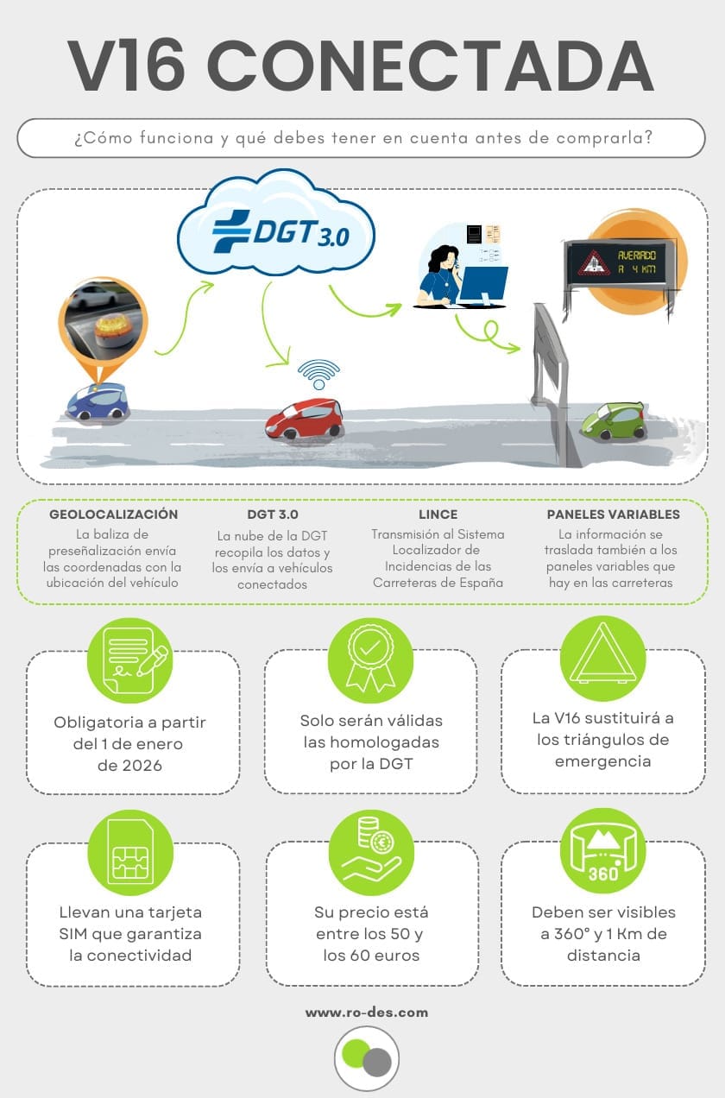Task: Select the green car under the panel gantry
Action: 614,420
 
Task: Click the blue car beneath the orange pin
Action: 97,401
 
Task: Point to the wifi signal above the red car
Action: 318,374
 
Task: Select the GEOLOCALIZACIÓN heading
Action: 113,514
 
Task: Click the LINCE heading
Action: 438,514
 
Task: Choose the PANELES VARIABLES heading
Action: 614,514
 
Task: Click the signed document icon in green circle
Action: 130,660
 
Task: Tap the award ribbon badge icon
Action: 370,660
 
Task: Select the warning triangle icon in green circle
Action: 603,658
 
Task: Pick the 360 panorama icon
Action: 603,851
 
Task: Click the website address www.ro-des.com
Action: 367,1013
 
